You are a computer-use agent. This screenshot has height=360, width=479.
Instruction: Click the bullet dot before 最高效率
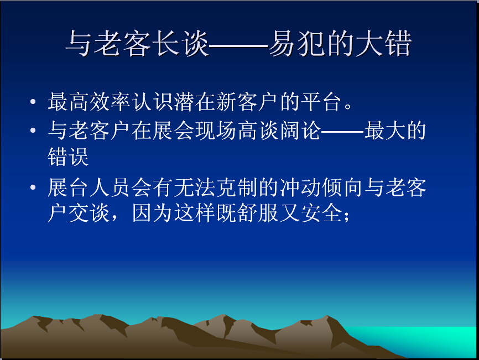pos(33,102)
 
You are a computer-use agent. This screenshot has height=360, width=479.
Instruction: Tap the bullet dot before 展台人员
pos(33,187)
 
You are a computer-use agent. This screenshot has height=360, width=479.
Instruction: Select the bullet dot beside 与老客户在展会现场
pos(33,131)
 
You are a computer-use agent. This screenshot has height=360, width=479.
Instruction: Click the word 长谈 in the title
pos(180,43)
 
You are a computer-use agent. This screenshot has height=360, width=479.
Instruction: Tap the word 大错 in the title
pos(383,43)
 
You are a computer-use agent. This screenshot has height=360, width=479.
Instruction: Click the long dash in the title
pos(238,46)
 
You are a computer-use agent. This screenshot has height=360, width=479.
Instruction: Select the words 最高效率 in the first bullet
pos(90,102)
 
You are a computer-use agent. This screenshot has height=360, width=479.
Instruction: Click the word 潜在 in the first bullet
pos(195,102)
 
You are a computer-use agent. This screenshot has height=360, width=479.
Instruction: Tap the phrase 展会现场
pos(195,131)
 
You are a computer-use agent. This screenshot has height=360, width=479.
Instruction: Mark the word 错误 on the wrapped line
pos(68,156)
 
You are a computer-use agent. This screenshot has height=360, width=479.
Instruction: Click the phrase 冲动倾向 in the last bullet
pos(321,187)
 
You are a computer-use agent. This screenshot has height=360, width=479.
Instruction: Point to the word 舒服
pos(258,213)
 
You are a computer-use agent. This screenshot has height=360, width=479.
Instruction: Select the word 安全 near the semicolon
pos(321,213)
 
